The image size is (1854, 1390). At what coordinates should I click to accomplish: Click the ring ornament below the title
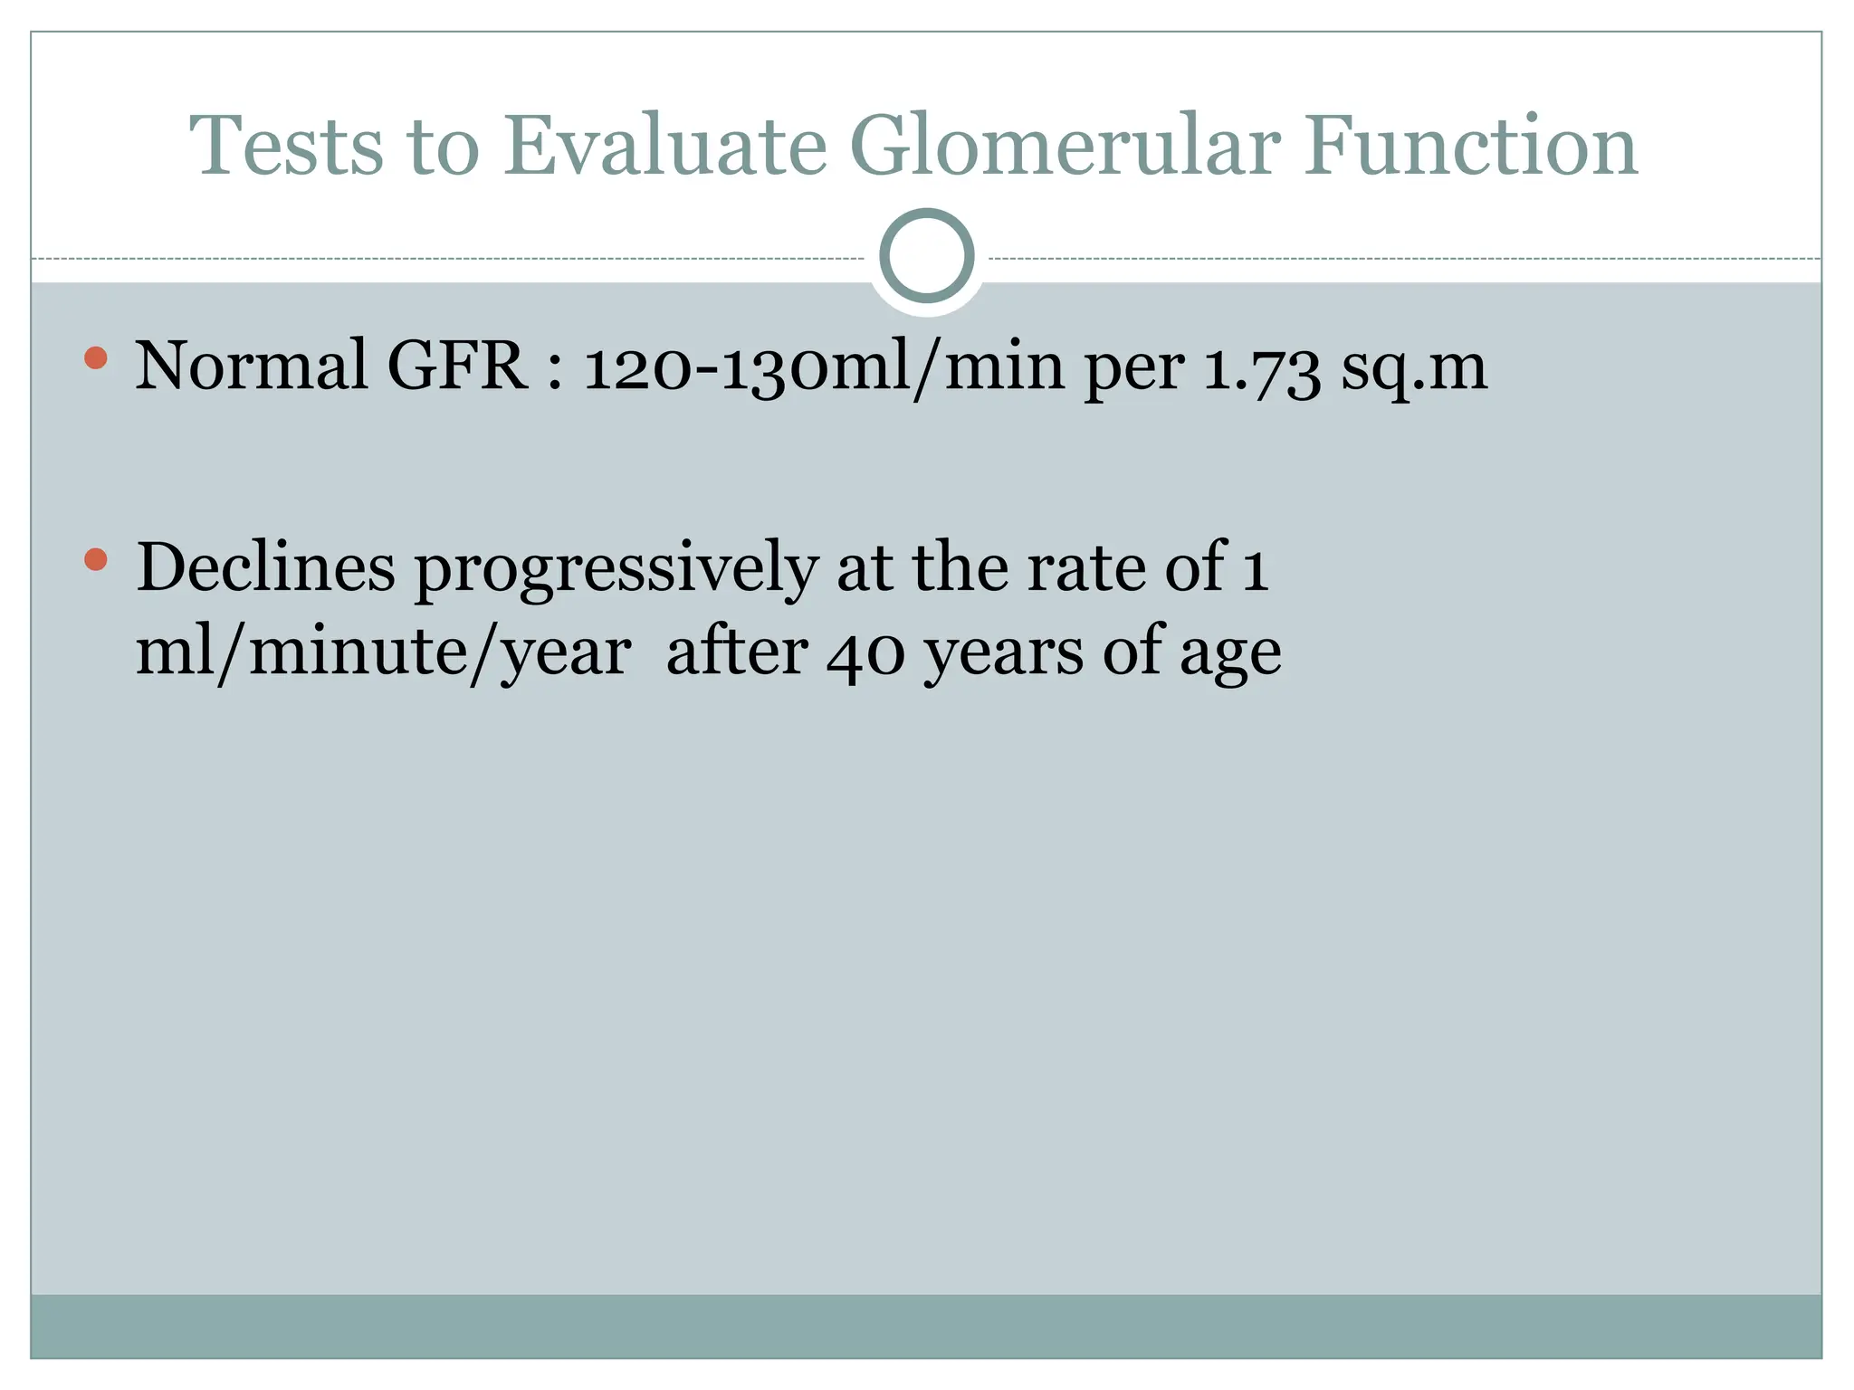(x=926, y=256)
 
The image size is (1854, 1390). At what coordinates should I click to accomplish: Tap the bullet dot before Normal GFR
(x=95, y=358)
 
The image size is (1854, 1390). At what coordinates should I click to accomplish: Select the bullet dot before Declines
(x=95, y=559)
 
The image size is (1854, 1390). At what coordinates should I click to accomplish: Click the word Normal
(x=251, y=367)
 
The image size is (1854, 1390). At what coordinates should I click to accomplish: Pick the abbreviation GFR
(x=457, y=367)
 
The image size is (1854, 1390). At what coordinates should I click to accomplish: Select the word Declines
(x=265, y=567)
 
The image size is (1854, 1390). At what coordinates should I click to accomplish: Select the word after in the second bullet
(x=736, y=652)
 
